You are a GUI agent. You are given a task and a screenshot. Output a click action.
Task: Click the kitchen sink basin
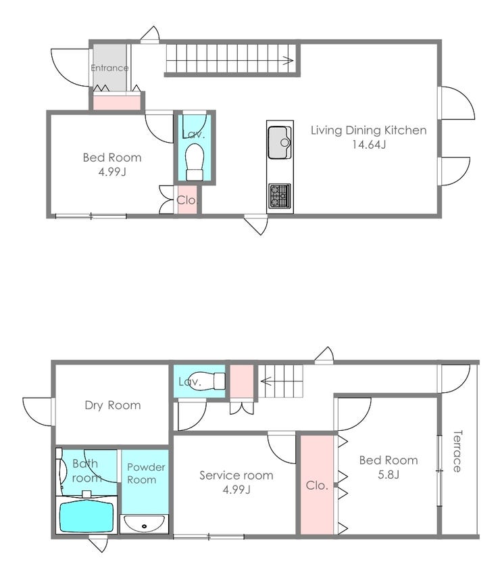(x=279, y=142)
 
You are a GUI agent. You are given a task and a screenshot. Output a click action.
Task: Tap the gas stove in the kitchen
(x=280, y=195)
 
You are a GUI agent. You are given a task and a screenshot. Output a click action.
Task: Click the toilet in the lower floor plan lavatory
(x=209, y=381)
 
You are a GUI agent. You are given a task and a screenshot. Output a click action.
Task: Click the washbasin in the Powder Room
(x=145, y=524)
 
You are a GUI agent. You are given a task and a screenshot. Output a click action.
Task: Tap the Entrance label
(x=109, y=68)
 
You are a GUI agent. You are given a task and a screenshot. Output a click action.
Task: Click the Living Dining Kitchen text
(x=368, y=130)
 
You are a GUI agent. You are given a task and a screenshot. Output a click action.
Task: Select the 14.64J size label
(x=368, y=144)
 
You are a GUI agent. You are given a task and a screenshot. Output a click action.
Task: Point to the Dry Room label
(x=112, y=405)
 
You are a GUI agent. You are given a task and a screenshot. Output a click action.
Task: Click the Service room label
(x=236, y=476)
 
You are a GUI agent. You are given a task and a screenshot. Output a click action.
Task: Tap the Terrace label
(x=457, y=451)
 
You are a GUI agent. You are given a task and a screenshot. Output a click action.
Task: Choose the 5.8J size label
(x=389, y=475)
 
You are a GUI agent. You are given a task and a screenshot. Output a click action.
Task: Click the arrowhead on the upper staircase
(x=289, y=60)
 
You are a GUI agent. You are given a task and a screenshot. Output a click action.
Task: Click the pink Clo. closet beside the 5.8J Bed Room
(x=317, y=484)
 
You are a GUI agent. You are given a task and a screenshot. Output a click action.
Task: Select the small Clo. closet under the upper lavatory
(x=187, y=200)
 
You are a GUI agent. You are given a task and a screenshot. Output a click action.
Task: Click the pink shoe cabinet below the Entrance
(x=116, y=102)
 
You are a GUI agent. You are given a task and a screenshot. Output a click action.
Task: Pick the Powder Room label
(x=146, y=473)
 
